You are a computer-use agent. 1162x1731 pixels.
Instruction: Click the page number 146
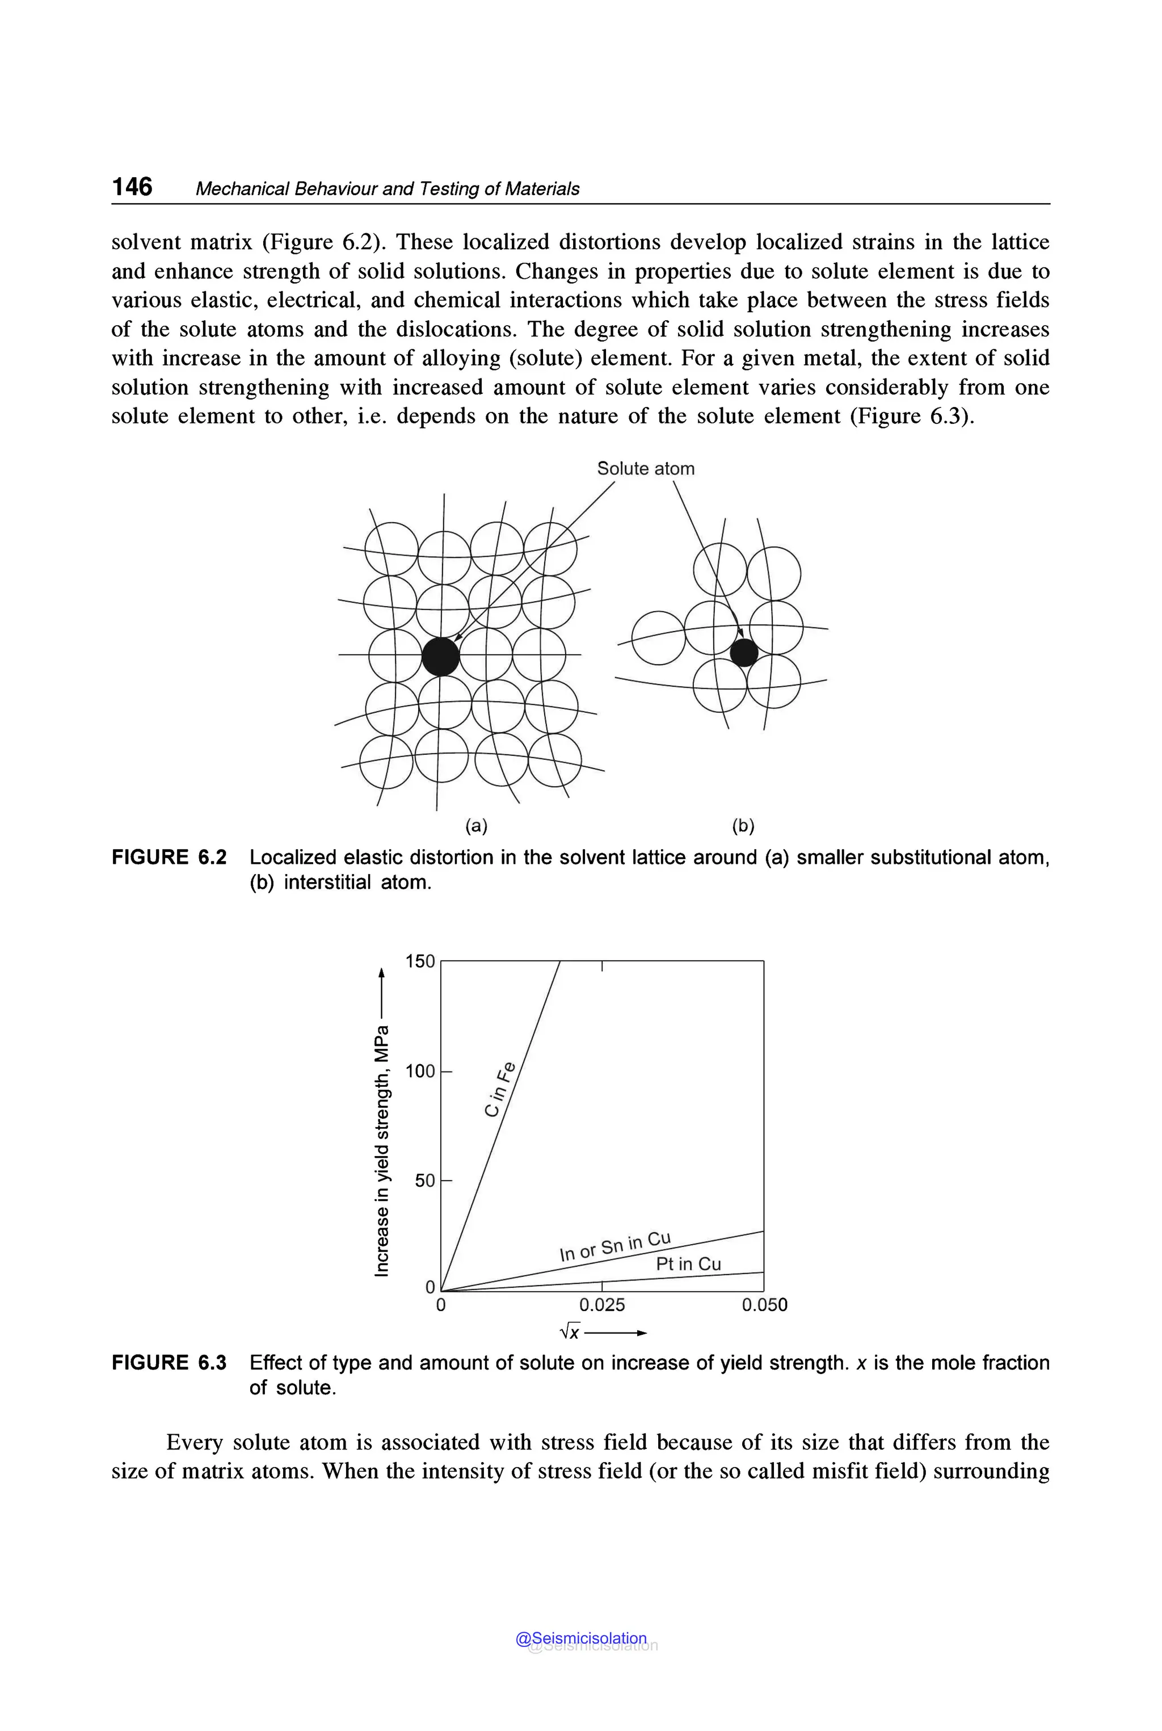[132, 186]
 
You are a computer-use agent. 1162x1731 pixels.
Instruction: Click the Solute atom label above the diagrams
[646, 469]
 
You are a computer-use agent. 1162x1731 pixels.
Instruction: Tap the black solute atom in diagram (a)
[441, 656]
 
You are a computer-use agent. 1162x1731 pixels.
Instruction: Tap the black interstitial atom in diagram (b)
[744, 652]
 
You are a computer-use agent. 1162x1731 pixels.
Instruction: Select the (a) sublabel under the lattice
[476, 826]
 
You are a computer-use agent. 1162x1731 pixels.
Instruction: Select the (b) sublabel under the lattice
[743, 826]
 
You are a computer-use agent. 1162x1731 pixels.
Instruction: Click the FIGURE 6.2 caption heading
[169, 858]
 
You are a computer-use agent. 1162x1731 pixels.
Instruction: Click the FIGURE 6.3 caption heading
[169, 1363]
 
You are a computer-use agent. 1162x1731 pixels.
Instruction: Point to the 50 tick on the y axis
[424, 1180]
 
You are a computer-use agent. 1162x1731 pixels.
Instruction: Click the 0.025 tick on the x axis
[602, 1305]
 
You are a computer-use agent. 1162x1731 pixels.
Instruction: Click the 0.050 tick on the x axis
[764, 1305]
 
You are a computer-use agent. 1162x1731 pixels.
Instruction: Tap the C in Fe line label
[499, 1090]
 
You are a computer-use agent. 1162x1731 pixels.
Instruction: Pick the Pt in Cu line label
[688, 1264]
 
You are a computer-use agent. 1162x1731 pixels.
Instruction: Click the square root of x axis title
[571, 1332]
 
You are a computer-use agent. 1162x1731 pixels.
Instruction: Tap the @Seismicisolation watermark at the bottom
[582, 1638]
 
